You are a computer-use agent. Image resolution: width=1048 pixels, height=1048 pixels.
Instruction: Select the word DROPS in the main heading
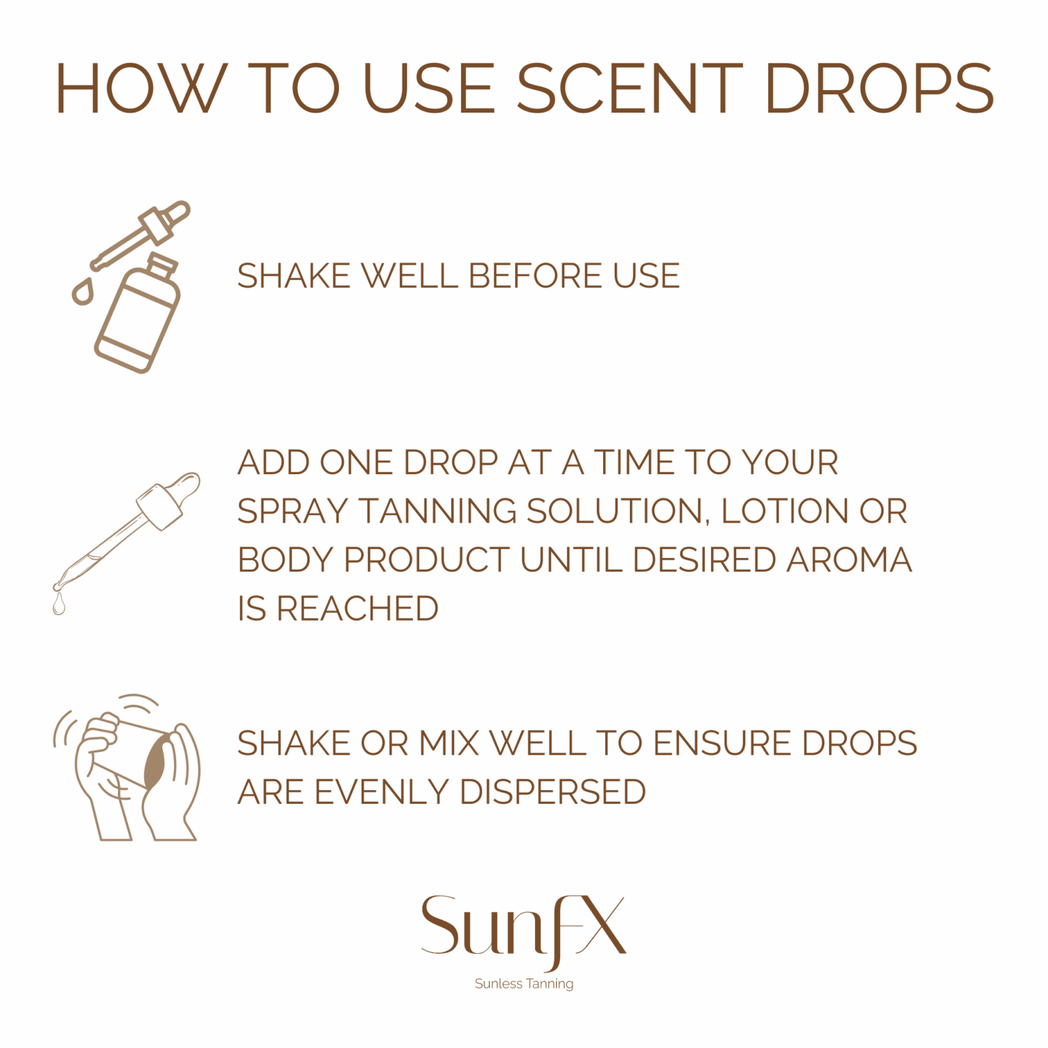click(879, 89)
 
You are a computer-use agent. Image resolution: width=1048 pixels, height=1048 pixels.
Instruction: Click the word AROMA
click(849, 560)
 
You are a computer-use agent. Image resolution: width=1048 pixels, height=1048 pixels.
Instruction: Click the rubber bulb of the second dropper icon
click(185, 488)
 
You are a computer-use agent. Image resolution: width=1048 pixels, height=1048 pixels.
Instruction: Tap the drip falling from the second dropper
click(59, 605)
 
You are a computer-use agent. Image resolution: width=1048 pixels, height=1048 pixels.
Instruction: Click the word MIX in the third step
click(449, 744)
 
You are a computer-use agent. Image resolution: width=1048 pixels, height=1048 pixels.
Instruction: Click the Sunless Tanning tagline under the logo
click(524, 984)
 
